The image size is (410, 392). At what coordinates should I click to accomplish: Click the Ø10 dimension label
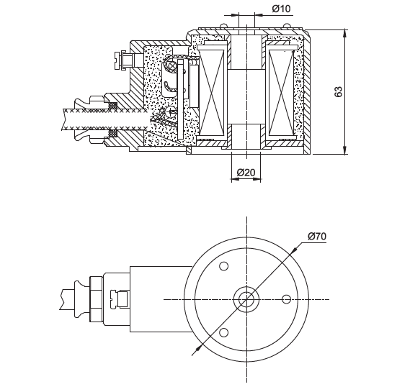click(281, 9)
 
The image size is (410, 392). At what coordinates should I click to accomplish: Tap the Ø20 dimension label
click(246, 172)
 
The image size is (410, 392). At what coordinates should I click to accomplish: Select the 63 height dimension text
click(339, 91)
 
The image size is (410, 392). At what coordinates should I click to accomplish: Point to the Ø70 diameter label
click(317, 237)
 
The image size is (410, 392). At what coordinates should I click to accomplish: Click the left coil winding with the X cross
click(212, 92)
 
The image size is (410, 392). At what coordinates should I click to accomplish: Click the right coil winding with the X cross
click(282, 92)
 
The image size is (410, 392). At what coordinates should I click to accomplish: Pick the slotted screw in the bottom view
click(119, 299)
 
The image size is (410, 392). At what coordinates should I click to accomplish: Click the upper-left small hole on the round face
click(223, 266)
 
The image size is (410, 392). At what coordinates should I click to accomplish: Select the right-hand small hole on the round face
click(286, 299)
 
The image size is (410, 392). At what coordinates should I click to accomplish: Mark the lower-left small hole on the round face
click(223, 332)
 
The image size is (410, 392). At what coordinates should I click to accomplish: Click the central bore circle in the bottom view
click(246, 299)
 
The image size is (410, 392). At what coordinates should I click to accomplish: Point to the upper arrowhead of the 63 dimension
click(345, 33)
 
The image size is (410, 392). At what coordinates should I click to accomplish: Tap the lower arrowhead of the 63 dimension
click(345, 150)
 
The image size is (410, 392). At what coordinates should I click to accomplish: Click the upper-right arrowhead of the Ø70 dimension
click(294, 250)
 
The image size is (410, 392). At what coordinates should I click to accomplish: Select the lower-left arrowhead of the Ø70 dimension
click(199, 348)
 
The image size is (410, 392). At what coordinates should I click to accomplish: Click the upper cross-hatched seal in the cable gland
click(112, 106)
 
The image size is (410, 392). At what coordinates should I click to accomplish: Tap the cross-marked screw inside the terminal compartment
click(171, 113)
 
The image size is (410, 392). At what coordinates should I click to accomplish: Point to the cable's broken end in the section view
click(63, 119)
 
